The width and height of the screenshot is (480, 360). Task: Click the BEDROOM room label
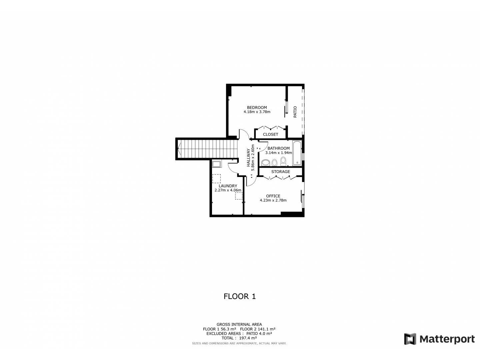click(257, 107)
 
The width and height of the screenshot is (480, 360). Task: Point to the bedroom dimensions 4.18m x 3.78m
click(257, 112)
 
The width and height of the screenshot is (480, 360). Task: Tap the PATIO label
click(295, 112)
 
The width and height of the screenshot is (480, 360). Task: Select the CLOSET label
click(270, 134)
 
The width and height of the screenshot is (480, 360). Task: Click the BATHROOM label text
click(278, 148)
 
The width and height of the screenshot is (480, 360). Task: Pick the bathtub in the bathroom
click(297, 153)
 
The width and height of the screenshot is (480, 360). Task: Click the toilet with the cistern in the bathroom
click(283, 161)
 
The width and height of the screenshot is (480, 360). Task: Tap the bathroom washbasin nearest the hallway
click(266, 163)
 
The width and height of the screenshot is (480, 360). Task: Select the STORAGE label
click(280, 172)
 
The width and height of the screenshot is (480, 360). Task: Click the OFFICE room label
click(273, 196)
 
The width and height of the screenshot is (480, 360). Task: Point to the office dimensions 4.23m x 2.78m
click(273, 200)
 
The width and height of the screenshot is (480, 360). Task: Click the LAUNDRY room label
click(228, 186)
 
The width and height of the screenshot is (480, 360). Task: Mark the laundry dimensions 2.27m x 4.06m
click(228, 190)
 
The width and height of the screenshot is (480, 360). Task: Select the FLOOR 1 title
click(239, 296)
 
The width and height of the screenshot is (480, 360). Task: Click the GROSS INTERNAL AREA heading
click(239, 324)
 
